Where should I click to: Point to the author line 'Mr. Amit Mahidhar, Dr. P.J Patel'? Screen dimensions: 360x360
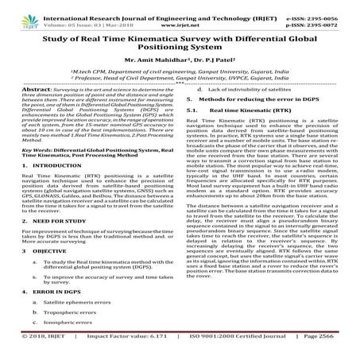point(180,60)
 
